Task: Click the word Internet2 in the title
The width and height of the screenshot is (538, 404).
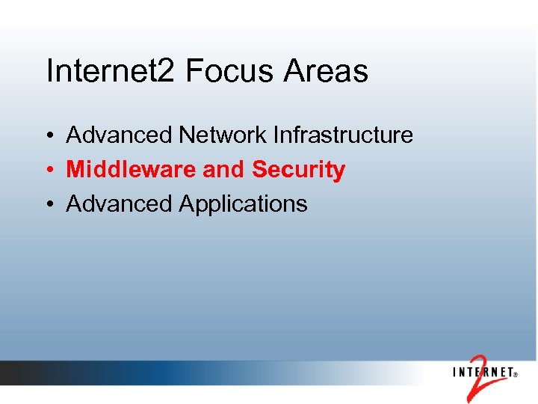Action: [x=111, y=72]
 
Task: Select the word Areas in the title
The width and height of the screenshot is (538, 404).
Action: [x=327, y=72]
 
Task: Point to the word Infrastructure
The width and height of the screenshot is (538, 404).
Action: [x=343, y=135]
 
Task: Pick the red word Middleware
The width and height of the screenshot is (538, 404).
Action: [x=132, y=170]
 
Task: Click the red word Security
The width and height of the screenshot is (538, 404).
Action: [x=299, y=171]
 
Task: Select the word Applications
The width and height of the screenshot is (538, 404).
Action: [x=243, y=204]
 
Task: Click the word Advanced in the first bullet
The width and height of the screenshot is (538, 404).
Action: [x=120, y=135]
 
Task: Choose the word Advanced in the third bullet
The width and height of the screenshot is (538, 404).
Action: [x=120, y=203]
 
